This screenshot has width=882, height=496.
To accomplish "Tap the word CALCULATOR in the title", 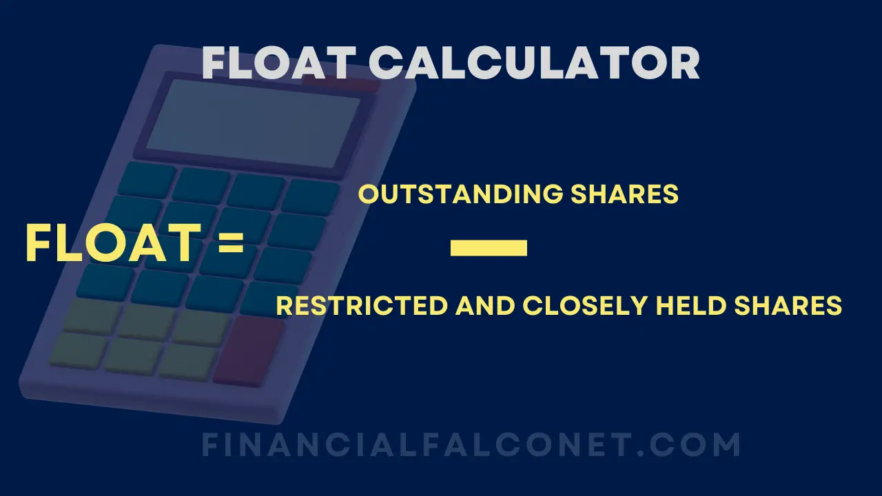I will click(535, 63).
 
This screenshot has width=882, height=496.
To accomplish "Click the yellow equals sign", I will click(231, 245).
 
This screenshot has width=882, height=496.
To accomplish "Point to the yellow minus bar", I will click(489, 248).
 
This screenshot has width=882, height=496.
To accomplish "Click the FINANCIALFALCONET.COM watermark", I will click(471, 446).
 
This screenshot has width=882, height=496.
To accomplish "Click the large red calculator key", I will click(249, 351).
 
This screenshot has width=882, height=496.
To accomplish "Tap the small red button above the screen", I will click(341, 84).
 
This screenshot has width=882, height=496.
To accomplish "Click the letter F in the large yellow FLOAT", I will click(39, 245).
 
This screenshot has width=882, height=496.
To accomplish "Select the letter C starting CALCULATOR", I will click(389, 63).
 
